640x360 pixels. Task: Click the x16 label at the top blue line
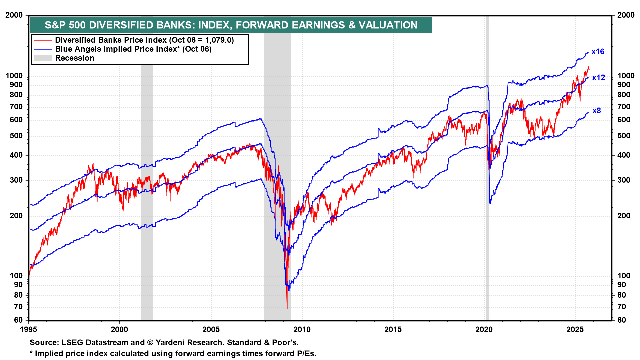point(598,52)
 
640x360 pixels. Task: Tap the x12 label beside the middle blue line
point(598,78)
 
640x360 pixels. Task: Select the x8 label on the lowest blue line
point(597,111)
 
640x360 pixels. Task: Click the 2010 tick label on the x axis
point(302,330)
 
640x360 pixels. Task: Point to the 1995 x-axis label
point(29,330)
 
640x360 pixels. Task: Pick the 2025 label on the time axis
point(575,330)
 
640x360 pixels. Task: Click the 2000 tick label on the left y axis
point(14,15)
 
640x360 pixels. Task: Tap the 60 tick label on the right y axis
point(621,320)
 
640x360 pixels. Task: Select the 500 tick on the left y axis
point(16,136)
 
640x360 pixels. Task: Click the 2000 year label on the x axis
point(119,330)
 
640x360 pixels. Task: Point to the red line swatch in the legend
point(43,40)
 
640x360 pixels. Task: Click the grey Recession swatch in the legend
point(43,58)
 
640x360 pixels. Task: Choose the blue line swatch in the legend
point(43,49)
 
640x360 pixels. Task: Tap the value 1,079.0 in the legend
point(219,40)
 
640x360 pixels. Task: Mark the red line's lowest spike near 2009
point(287,308)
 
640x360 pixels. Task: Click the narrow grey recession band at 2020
point(487,167)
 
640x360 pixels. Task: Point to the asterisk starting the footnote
point(31,353)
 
